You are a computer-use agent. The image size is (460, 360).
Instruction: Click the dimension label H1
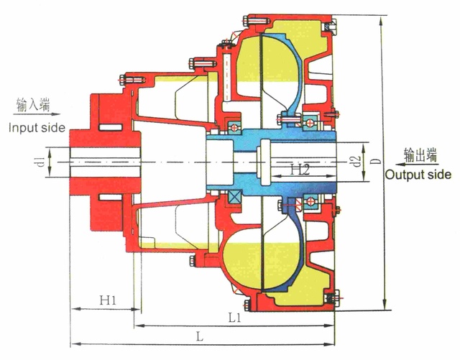(108, 300)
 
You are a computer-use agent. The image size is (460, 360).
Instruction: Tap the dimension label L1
(235, 318)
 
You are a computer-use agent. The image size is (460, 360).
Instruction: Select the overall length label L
(200, 336)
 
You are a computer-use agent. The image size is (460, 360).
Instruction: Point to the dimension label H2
(300, 170)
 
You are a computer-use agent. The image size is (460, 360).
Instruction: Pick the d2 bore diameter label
(356, 162)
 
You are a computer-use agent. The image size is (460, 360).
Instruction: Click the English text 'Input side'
(37, 128)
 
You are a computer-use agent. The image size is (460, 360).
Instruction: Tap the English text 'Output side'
(418, 175)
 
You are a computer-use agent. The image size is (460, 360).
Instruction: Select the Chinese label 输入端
(33, 105)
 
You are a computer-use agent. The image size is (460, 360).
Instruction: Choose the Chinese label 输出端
(420, 155)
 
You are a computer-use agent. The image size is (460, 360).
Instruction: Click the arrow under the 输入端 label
(37, 114)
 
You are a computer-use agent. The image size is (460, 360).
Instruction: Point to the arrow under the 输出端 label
(417, 165)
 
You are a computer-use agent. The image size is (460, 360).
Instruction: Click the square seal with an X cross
(235, 196)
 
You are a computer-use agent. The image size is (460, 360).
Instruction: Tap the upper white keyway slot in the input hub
(110, 127)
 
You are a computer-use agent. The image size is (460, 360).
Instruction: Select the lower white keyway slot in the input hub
(110, 197)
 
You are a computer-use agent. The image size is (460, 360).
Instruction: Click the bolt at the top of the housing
(256, 21)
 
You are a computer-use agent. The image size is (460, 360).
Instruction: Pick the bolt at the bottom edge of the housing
(247, 305)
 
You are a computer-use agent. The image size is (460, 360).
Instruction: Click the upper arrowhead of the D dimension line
(381, 21)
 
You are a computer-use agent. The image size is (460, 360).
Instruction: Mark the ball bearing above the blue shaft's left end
(235, 128)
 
